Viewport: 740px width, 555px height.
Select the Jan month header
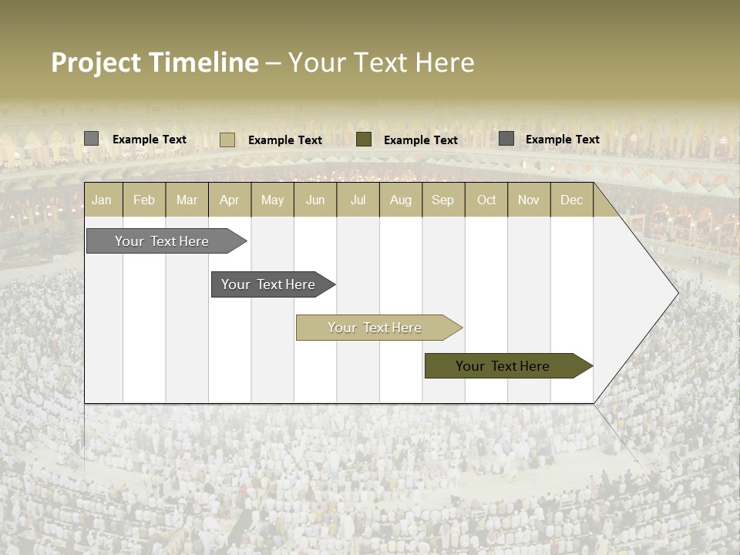coord(102,200)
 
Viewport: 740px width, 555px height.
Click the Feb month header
coord(144,200)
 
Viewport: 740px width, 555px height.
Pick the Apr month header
coord(229,200)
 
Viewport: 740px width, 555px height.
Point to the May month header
coord(272,200)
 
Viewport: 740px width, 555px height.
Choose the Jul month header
coord(358,200)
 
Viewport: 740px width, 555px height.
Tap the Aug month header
coord(400,200)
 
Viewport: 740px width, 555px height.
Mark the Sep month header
coord(442,200)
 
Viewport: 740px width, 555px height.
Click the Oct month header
coord(486,200)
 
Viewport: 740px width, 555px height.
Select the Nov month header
coord(529,200)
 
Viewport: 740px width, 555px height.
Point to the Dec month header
coord(571,200)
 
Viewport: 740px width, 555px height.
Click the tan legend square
coord(227,140)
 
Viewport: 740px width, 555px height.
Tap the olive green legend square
coord(364,140)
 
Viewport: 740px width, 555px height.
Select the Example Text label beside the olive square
coord(421,140)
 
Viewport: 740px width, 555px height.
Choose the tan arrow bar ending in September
coord(375,328)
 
